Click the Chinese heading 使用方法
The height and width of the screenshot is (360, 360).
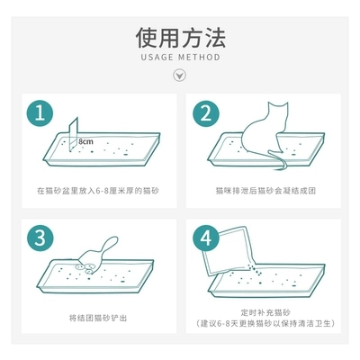180,38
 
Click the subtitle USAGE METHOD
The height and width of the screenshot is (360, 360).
180,57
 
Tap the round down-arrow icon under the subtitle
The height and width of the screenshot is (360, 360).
180,75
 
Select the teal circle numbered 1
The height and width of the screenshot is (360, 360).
40,113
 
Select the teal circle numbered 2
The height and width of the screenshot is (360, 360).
206,113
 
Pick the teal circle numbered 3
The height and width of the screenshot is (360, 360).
40,238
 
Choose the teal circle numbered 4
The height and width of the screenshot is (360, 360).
206,238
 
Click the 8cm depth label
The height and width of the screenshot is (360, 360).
85,141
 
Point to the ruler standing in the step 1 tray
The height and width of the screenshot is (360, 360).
73,134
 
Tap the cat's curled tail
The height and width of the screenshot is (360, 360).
278,161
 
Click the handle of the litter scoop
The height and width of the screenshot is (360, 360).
109,245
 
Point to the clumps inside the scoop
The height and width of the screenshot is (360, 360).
86,268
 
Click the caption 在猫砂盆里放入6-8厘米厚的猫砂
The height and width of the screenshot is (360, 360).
98,191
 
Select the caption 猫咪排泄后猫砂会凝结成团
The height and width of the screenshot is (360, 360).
265,191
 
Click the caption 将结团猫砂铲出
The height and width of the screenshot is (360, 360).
98,318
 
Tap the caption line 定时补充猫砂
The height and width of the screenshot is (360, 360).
265,312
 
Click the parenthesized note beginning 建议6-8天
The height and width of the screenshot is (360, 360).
265,324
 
